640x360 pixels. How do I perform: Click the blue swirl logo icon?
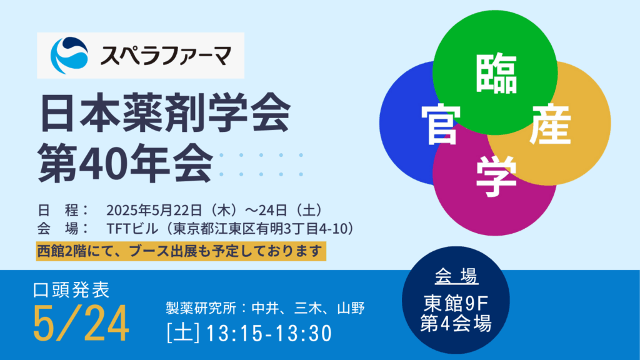(x=69, y=56)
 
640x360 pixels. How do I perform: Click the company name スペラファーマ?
(x=166, y=56)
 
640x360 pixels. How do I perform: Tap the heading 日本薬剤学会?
(x=165, y=112)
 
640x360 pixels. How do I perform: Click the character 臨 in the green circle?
(x=496, y=74)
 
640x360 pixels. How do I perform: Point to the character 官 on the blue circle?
(x=441, y=124)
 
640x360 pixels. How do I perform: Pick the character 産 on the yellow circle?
(x=549, y=124)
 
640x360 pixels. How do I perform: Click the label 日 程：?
(x=63, y=210)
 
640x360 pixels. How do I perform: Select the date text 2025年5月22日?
(x=154, y=210)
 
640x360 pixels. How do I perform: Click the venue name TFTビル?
(x=132, y=229)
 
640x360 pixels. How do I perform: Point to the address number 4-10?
(x=331, y=229)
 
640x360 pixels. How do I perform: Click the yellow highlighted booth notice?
(x=181, y=251)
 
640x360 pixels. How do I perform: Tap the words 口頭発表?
(x=71, y=290)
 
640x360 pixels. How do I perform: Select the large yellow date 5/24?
(x=81, y=324)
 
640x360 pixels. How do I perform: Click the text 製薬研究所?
(x=201, y=307)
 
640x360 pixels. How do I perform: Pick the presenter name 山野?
(x=351, y=307)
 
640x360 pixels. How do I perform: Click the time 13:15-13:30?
(x=269, y=333)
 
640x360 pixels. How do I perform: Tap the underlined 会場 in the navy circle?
(x=456, y=276)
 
